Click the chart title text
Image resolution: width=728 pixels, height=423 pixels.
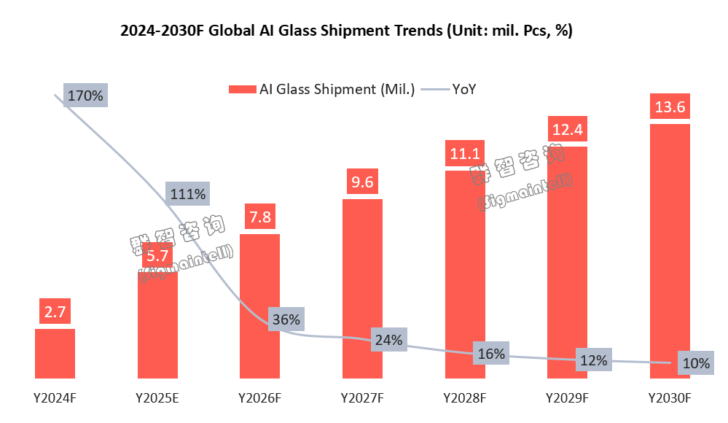coord(345,31)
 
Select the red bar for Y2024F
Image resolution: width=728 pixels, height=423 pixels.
coord(55,354)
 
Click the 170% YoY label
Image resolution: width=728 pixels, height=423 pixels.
coord(85,96)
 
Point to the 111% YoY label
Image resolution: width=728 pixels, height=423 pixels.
coord(188,195)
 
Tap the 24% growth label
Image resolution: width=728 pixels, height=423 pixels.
coord(388,339)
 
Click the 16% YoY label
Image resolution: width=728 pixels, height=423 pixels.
coord(491,354)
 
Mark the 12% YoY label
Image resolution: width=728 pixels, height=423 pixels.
coord(594,360)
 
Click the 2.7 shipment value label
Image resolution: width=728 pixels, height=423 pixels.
coord(55,312)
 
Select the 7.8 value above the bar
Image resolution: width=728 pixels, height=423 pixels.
coord(260,217)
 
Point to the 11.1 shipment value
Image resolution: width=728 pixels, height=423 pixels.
coord(465,154)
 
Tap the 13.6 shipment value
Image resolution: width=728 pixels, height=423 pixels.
coord(669,107)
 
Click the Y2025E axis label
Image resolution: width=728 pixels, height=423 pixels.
coord(157,398)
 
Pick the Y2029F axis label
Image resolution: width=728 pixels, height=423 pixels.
coord(567,398)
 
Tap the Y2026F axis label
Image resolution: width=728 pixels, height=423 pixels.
coord(260,398)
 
